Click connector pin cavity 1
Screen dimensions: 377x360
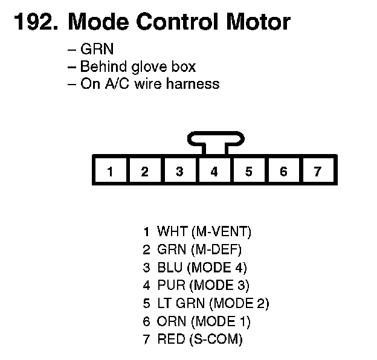click(110, 171)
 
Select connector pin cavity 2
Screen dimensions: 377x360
click(145, 171)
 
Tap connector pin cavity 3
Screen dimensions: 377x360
click(179, 171)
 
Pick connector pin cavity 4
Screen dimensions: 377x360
click(214, 171)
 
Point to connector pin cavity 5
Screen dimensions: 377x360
click(248, 171)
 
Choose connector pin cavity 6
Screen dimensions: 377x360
click(283, 171)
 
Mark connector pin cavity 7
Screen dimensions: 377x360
click(318, 171)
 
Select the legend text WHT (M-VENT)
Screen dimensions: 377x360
click(204, 231)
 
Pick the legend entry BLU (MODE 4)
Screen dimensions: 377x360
click(202, 268)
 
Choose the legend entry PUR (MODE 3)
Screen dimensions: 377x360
click(202, 285)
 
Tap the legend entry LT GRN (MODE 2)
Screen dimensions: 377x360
click(213, 303)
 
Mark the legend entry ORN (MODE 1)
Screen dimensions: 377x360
click(203, 321)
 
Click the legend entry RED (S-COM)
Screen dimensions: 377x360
click(199, 339)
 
